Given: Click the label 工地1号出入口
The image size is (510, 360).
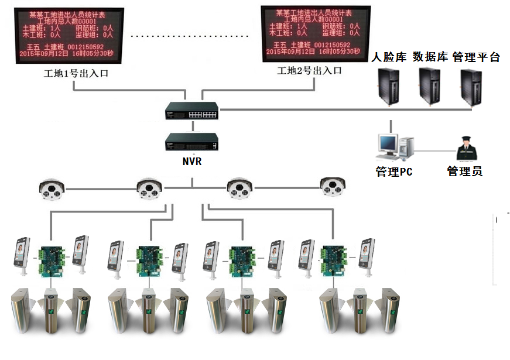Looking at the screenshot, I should pos(76,74).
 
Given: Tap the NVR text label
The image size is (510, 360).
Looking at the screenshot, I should pos(191,161).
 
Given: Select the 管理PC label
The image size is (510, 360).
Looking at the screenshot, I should pos(393,172).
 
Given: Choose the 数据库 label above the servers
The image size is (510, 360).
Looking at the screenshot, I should pos(430,57).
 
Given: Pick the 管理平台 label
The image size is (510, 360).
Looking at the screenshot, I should pos(476,57).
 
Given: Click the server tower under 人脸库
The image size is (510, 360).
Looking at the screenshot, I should pos(388,87).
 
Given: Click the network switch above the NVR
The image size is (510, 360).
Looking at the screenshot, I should pos(191,111).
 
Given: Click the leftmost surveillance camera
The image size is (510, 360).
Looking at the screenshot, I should pos(52,188).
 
